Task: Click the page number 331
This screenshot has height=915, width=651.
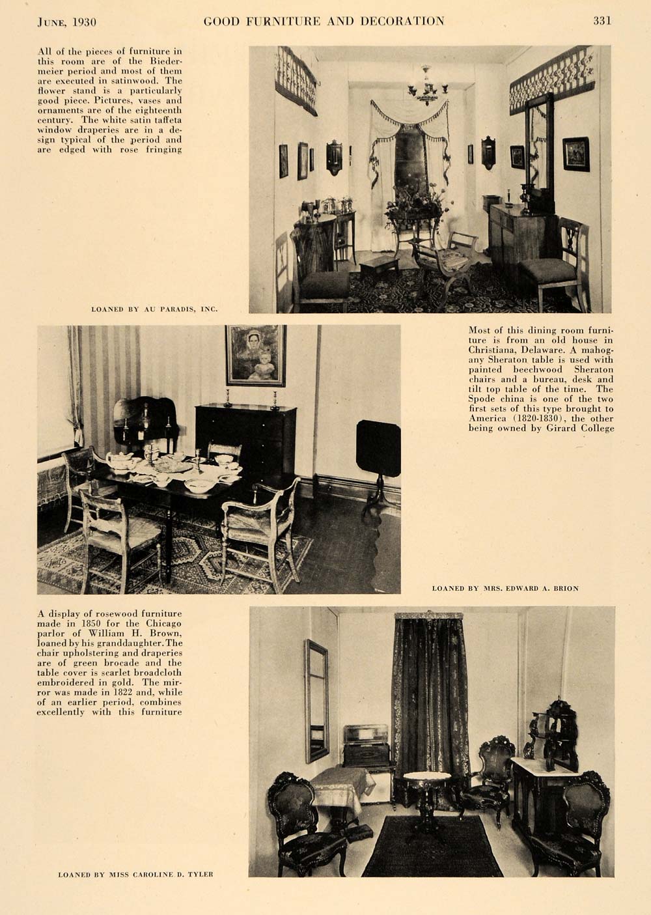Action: (x=602, y=21)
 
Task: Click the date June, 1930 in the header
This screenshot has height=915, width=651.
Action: (x=67, y=21)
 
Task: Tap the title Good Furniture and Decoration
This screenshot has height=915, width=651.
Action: (x=324, y=21)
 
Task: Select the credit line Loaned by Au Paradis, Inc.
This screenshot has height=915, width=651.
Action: (x=154, y=309)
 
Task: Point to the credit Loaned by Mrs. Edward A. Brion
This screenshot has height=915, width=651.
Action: (x=505, y=588)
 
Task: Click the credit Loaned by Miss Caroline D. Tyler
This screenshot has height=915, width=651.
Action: (x=135, y=874)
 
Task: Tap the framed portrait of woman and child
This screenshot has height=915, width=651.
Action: (x=255, y=355)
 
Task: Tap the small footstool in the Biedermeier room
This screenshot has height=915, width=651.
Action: (x=380, y=264)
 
